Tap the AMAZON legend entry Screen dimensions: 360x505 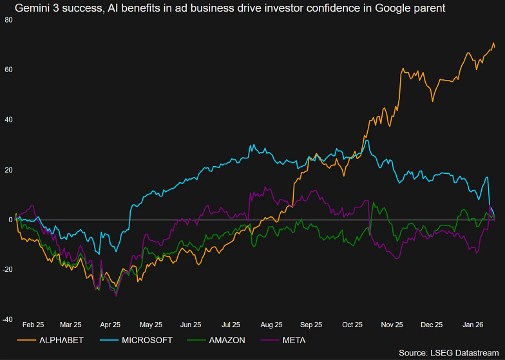[227, 340]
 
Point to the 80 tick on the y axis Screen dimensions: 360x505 [8, 20]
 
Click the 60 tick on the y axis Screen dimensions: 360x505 [8, 70]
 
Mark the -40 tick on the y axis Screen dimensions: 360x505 [7, 319]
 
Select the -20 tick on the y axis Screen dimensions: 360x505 [7, 270]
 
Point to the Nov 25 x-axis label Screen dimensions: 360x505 [391, 325]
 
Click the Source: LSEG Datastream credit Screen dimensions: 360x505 [448, 353]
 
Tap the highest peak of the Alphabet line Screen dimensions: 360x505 [493, 44]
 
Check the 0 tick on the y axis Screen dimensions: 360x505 [10, 220]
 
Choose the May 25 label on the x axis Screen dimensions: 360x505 [150, 325]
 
